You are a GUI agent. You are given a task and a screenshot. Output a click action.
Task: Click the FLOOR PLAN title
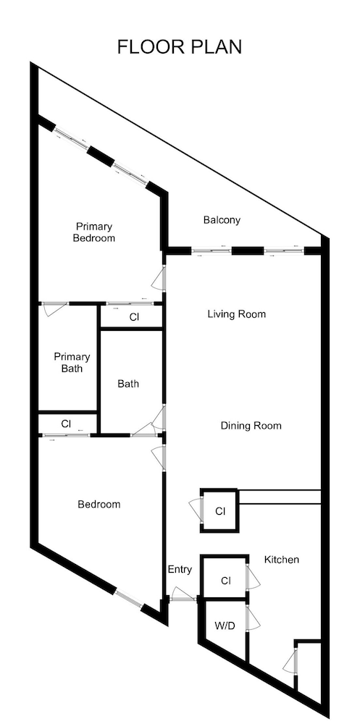tap(180, 47)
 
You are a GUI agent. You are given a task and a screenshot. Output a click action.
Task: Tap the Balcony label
tap(222, 220)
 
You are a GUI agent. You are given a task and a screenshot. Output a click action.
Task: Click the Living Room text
tap(236, 314)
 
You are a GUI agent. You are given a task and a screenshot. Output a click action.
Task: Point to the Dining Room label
tap(251, 426)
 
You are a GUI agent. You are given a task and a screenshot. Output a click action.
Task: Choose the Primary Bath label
tap(72, 363)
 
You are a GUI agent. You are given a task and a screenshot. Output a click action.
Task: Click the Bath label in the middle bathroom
tap(128, 384)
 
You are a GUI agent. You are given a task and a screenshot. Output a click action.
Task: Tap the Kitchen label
tap(281, 560)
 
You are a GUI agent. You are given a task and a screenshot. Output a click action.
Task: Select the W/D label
tap(223, 626)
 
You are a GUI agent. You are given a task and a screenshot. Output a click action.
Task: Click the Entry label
tap(180, 570)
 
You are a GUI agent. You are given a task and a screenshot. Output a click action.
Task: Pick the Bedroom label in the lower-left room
tap(99, 504)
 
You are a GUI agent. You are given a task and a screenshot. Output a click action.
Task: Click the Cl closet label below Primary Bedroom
tap(134, 317)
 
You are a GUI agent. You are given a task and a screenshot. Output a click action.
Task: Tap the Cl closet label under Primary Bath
tap(66, 423)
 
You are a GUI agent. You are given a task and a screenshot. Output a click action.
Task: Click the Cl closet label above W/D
tap(225, 581)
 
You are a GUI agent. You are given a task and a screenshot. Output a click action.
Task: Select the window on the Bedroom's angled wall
tap(128, 598)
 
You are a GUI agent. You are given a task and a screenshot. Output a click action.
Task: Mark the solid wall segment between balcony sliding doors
tap(247, 251)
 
